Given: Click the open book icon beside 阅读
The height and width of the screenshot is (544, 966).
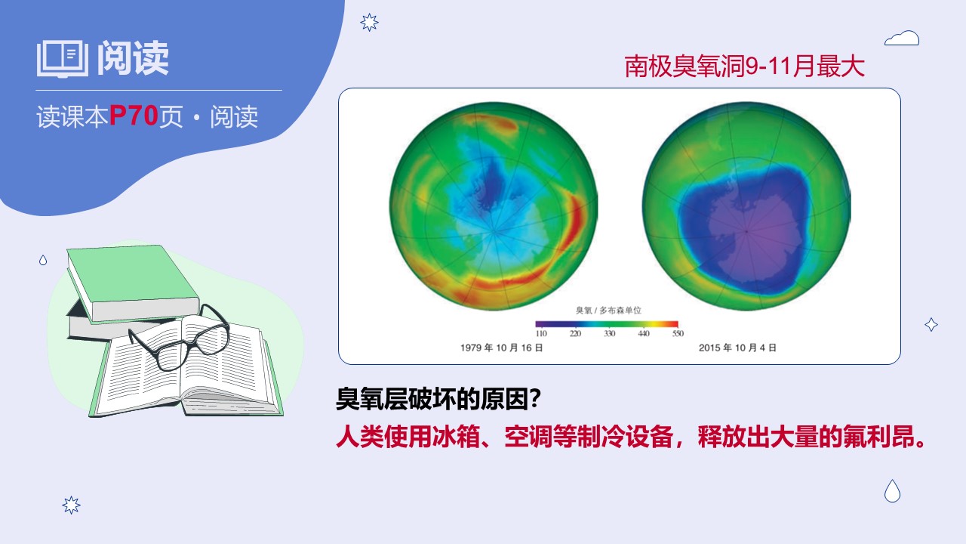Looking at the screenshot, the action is coord(63,59).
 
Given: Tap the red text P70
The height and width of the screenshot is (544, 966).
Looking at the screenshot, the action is coord(134,116).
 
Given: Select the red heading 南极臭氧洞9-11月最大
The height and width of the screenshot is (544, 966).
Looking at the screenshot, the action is coord(745,66).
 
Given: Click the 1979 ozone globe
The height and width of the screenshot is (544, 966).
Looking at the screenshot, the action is coord(494,206).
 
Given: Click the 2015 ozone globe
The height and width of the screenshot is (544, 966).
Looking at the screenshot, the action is coord(746,206).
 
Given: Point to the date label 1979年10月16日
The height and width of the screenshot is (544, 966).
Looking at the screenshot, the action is coord(502,348).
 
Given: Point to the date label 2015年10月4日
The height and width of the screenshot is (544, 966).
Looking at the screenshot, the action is coord(737,348).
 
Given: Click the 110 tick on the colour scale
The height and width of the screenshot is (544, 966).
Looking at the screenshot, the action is coord(541,333).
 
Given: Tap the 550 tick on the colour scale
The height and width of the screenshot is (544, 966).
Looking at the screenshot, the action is coord(678,333).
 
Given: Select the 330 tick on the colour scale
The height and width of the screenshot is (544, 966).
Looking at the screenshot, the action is coord(609,333).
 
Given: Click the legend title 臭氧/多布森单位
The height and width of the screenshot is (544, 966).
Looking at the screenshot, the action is coord(608,311).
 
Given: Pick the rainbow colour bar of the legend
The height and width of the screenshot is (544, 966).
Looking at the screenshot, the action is coord(607,324).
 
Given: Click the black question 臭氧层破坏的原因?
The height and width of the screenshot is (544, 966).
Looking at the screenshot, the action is coord(438,399).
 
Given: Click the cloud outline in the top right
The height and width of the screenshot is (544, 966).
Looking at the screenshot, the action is coord(902,38).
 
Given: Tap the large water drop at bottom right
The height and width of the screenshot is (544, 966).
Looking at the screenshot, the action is coord(892,491).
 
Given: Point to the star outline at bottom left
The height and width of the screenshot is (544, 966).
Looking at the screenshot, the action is coord(71,505).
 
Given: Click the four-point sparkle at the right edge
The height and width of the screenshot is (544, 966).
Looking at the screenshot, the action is coord(931,324).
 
